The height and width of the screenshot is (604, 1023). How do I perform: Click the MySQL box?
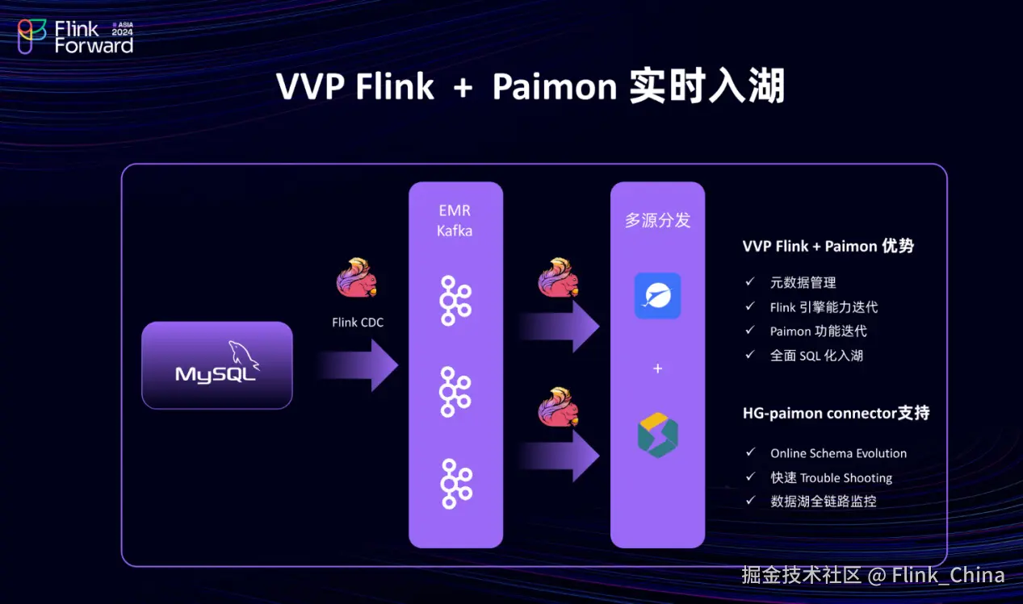click(x=217, y=365)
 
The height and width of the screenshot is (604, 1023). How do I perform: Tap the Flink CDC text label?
click(x=358, y=323)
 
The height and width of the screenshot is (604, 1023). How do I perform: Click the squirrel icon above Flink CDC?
click(x=357, y=277)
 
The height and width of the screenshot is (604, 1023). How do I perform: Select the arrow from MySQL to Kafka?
click(x=358, y=365)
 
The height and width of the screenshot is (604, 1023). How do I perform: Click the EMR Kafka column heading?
click(x=455, y=220)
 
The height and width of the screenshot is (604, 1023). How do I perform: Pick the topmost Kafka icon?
click(x=455, y=301)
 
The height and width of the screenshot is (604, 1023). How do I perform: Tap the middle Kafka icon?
click(x=455, y=392)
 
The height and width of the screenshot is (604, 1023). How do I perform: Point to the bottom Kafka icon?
click(x=456, y=484)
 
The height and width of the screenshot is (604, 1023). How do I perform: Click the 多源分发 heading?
click(x=657, y=220)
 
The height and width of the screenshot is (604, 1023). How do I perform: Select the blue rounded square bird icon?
click(x=657, y=296)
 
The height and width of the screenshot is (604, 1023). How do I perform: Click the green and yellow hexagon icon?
click(x=657, y=435)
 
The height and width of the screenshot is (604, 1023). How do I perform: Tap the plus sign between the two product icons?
click(x=657, y=369)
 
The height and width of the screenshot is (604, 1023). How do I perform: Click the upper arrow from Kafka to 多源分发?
click(x=559, y=326)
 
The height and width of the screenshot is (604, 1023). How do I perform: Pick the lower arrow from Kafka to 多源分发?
click(x=559, y=456)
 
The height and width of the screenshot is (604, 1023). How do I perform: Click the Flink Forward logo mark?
click(x=31, y=36)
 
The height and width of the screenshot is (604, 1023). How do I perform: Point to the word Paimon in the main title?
click(x=555, y=86)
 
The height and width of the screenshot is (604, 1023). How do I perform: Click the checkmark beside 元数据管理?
click(x=750, y=281)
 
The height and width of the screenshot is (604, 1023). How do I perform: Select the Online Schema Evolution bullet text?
click(x=838, y=453)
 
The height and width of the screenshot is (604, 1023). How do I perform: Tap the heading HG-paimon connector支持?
click(x=836, y=414)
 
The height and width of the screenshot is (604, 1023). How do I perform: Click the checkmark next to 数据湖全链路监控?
click(x=750, y=501)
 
